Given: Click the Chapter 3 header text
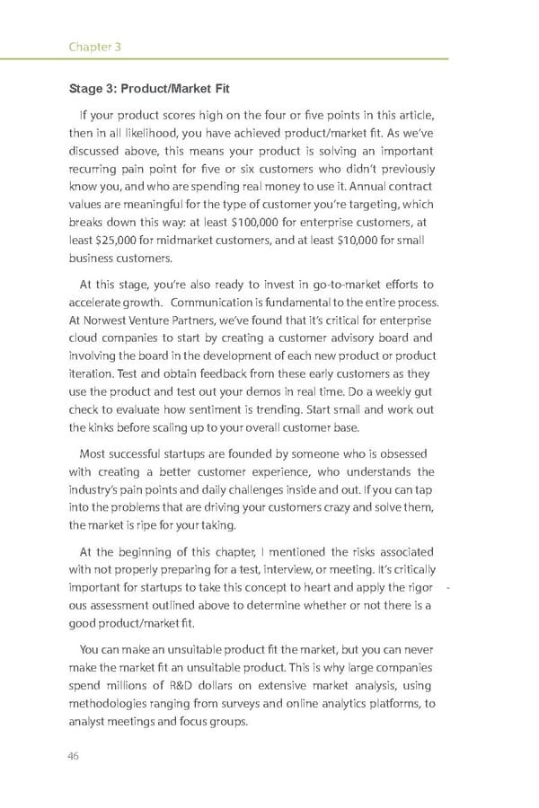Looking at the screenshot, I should coord(95,46).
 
